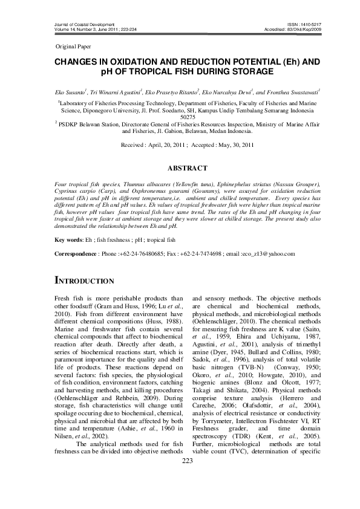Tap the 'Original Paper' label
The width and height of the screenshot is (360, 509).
(71, 46)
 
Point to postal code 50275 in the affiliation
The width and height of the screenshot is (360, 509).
(180, 117)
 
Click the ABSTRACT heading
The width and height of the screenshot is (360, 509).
(180, 168)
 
